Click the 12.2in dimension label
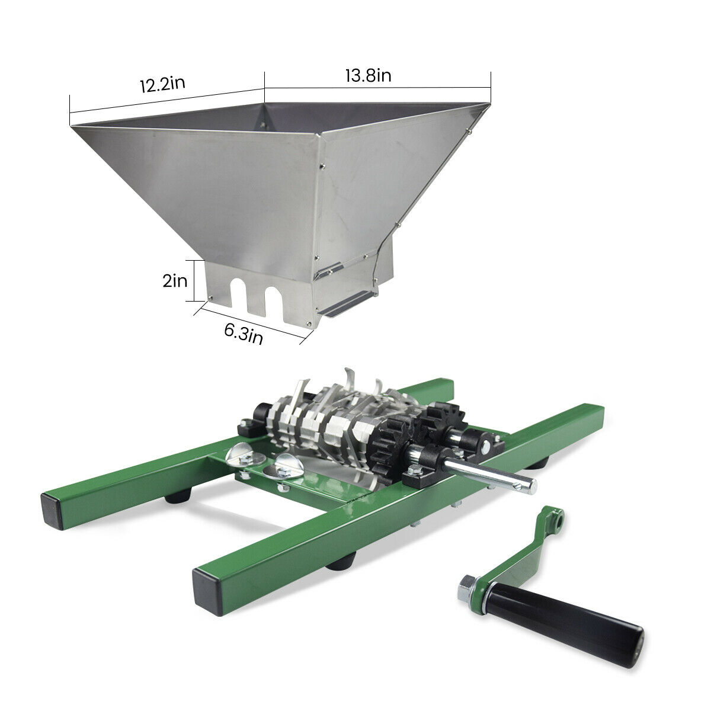click(x=162, y=83)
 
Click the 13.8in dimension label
click(x=367, y=76)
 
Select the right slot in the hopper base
click(x=273, y=299)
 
